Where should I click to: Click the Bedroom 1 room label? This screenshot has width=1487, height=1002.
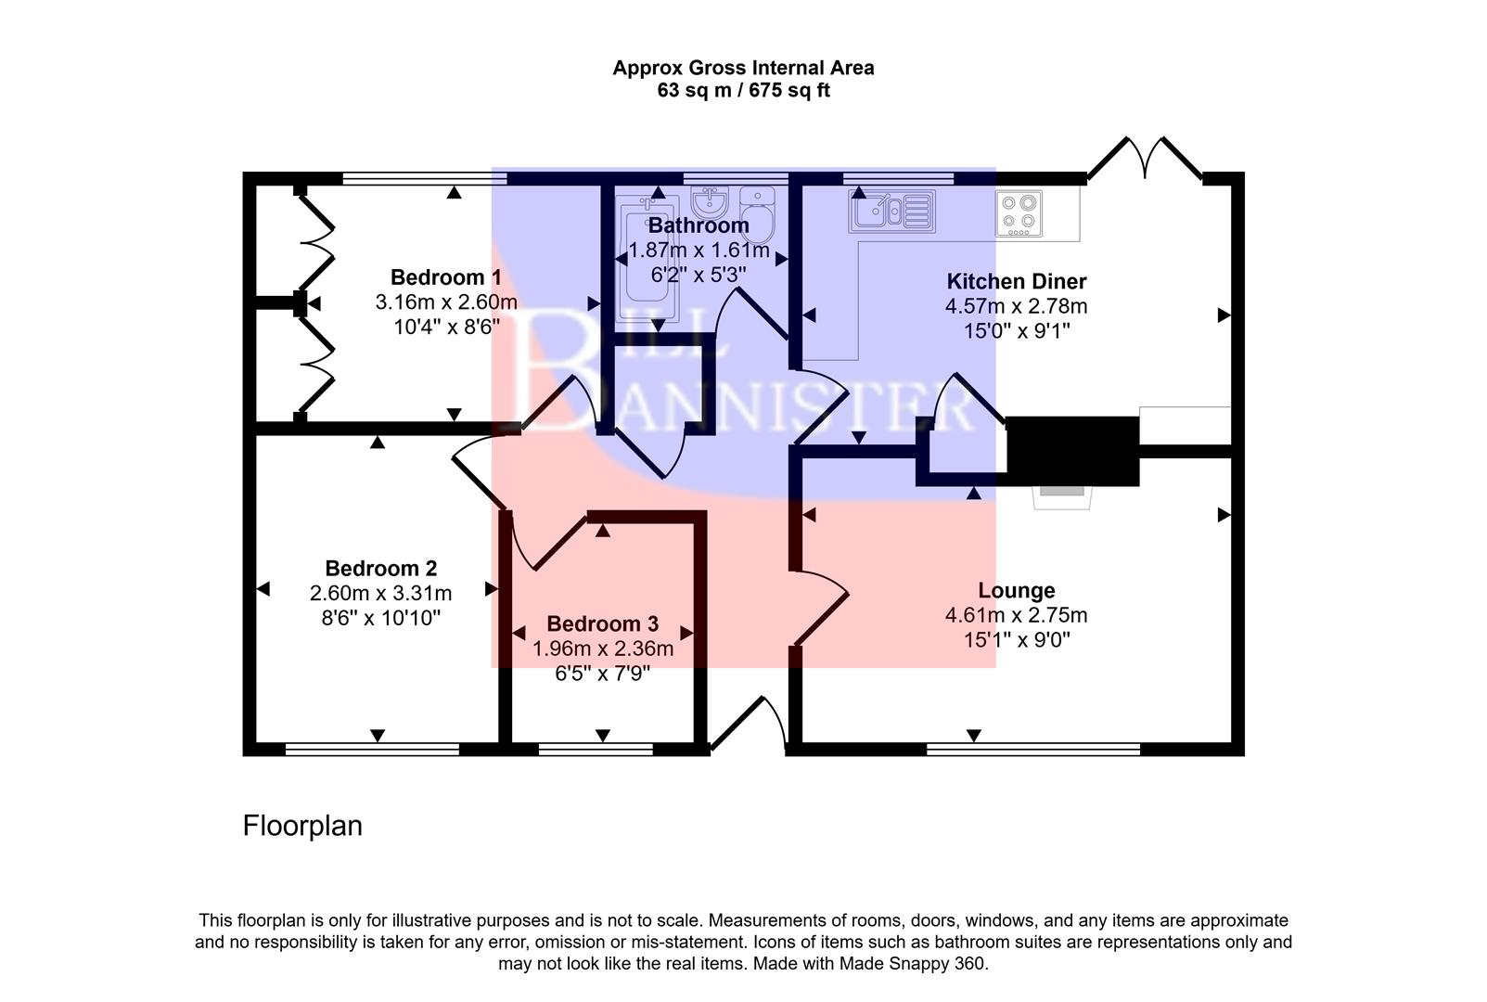tap(445, 276)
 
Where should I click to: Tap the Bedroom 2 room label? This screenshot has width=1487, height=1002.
tap(380, 568)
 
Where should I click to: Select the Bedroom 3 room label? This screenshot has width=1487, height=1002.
tap(602, 623)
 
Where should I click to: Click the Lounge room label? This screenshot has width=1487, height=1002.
tap(1016, 590)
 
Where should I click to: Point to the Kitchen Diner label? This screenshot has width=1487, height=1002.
tap(1016, 281)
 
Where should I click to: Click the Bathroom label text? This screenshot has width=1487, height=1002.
tap(699, 225)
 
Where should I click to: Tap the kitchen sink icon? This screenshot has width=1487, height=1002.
tap(891, 211)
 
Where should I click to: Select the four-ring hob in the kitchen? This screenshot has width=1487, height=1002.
tap(1019, 212)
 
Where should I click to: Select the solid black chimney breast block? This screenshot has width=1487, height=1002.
tap(1072, 451)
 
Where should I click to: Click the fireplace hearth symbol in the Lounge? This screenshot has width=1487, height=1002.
tap(1062, 496)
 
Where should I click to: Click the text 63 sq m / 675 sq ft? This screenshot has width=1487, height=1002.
tap(743, 91)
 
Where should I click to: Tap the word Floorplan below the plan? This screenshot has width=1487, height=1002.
tap(302, 826)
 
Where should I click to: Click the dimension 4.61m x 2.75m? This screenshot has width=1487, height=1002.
tap(1016, 615)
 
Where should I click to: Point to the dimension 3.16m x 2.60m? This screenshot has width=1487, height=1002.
tap(445, 302)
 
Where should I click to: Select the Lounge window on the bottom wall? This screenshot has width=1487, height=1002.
tap(1032, 748)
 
